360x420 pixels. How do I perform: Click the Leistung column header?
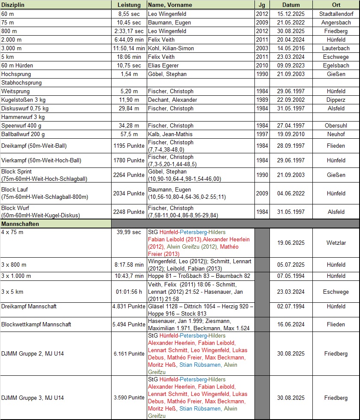[x=129, y=5]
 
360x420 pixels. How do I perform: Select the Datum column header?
[x=291, y=5]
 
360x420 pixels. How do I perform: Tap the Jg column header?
[x=262, y=5]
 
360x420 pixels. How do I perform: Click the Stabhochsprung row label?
[x=22, y=82]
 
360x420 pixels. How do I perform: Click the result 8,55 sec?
[x=129, y=14]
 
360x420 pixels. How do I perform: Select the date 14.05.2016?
[x=291, y=48]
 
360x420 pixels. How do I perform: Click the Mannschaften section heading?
[x=20, y=224]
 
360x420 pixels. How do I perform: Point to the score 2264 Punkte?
[x=129, y=175]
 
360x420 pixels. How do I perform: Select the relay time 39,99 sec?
[x=129, y=232]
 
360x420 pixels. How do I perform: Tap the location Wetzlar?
[x=336, y=243]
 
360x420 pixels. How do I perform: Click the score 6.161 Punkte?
[x=129, y=353]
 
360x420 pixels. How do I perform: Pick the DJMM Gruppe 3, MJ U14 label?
[x=33, y=398]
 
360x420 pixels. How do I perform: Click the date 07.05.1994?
[x=291, y=276]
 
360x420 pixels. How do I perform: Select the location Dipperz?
[x=336, y=100]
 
